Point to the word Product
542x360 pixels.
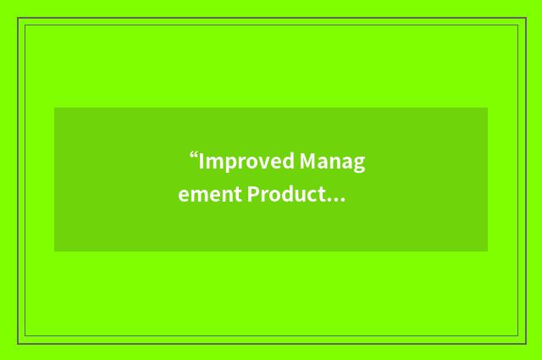[285, 196]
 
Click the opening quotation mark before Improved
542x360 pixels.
[194, 157]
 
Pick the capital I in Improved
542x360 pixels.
[202, 162]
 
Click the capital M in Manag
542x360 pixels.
[307, 162]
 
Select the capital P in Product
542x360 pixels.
[252, 196]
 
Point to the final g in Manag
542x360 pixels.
[359, 164]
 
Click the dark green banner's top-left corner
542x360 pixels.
[54, 108]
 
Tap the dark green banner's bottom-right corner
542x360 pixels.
[488, 252]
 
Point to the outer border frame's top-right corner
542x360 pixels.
[525, 18]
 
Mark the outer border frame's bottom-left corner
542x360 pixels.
[17, 343]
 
